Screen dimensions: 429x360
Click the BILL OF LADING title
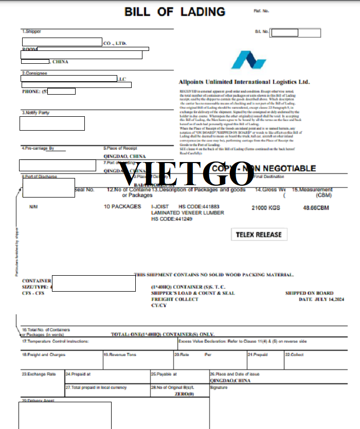pyautogui.click(x=175, y=11)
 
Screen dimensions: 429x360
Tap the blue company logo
pyautogui.click(x=248, y=60)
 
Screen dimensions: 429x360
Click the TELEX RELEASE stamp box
pyautogui.click(x=259, y=235)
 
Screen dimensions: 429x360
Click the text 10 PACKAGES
pyautogui.click(x=122, y=207)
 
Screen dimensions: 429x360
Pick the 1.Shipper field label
pyautogui.click(x=31, y=32)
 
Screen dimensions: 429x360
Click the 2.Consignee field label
pyautogui.click(x=34, y=73)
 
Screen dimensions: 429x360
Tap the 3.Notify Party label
pyautogui.click(x=35, y=113)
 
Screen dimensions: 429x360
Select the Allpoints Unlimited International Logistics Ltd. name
pyautogui.click(x=244, y=82)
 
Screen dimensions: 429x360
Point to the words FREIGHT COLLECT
pyautogui.click(x=175, y=299)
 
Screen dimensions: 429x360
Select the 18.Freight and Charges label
pyautogui.click(x=44, y=355)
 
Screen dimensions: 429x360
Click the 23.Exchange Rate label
pyautogui.click(x=39, y=374)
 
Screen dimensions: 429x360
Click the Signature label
pyautogui.click(x=219, y=387)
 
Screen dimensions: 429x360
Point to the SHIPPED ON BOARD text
pyautogui.click(x=309, y=293)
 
